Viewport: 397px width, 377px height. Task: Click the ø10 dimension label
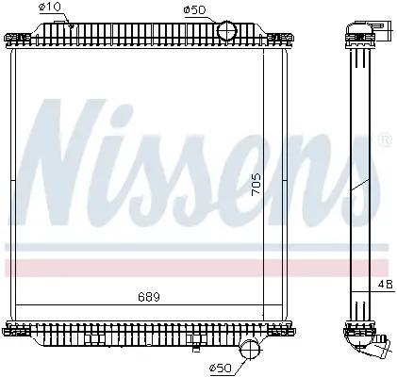point(50,7)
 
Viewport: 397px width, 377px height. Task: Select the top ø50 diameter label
point(194,10)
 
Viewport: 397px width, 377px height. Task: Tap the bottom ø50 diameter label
point(220,368)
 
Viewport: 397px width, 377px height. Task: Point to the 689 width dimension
point(149,297)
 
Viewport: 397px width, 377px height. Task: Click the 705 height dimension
point(256,185)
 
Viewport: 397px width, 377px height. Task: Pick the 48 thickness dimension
point(385,284)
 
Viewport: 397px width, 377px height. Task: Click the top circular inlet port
point(227,30)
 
